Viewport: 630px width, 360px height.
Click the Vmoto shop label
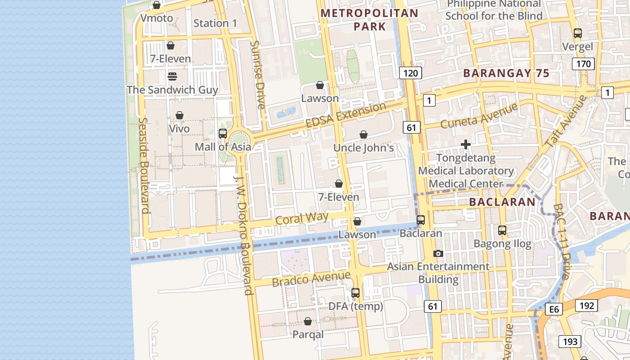[x=157, y=18]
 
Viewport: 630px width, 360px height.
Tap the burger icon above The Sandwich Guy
[x=172, y=76]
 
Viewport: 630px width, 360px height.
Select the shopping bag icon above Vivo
[x=180, y=115]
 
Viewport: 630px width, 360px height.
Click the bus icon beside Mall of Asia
[x=222, y=133]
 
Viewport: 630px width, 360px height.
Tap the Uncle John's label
[x=364, y=148]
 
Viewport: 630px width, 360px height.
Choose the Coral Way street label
[x=302, y=218]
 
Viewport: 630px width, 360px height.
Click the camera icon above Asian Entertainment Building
[x=438, y=253]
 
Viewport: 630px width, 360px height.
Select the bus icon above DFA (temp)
[x=355, y=293]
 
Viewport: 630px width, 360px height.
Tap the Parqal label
[x=308, y=335]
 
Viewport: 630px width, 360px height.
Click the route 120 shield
[x=410, y=73]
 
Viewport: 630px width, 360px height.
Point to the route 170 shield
[x=583, y=64]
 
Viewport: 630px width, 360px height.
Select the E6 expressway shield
[x=553, y=309]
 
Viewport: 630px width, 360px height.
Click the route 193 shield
[x=570, y=342]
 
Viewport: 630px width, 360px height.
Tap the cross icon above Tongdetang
[x=466, y=144]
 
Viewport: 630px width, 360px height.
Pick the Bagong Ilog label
[x=503, y=244]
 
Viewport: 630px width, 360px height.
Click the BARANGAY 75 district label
[x=506, y=73]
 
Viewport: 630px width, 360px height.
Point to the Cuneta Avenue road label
[x=479, y=116]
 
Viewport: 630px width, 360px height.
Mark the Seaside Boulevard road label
[x=144, y=165]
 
